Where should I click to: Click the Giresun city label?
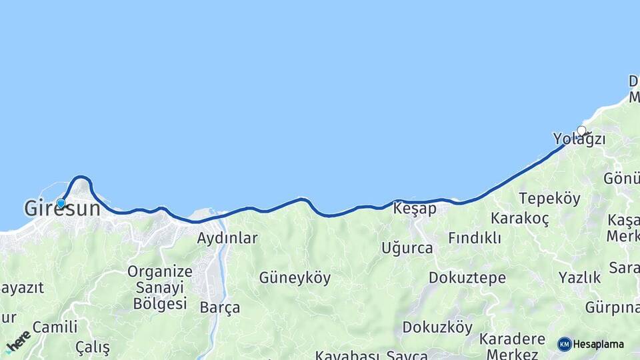coord(62,209)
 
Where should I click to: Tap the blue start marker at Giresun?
coord(61,203)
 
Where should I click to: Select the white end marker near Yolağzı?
coord(582,131)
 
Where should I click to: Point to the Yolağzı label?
coord(579,139)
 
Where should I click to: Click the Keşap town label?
coord(415,209)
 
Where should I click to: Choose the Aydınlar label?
coord(227,238)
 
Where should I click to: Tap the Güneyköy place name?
coord(295,278)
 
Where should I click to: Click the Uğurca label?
coord(407,248)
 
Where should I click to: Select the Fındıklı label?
coord(475,238)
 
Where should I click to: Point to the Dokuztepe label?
coord(467,278)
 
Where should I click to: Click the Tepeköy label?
coord(549,199)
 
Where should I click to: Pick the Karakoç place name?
coord(519,219)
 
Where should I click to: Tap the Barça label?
coord(220,308)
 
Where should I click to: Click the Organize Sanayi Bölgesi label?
coord(160,287)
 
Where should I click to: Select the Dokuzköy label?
coord(437,327)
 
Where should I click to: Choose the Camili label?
coord(55,327)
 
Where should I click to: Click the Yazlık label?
coord(579,277)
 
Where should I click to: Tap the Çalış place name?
coord(92,347)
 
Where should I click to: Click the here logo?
coord(18,341)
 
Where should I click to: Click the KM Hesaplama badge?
coord(591,344)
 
